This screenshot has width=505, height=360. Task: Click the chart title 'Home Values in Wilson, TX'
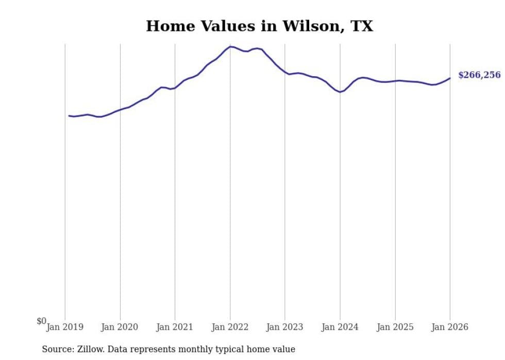[259, 26]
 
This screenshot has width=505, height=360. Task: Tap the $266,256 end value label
[479, 75]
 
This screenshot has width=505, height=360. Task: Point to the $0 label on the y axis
[41, 321]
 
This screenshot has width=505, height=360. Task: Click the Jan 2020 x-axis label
[120, 327]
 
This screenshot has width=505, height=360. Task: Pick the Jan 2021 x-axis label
[175, 327]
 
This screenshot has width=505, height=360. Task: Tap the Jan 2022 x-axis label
[230, 327]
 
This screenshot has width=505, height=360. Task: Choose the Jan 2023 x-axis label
[285, 327]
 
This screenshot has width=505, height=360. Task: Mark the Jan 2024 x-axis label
[340, 327]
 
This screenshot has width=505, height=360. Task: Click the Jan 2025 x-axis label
[395, 327]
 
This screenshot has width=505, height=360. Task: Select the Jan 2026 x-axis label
[450, 327]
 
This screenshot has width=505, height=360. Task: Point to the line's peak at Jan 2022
[230, 46]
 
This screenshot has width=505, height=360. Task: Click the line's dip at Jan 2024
[340, 92]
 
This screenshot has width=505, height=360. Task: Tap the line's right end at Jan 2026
[450, 78]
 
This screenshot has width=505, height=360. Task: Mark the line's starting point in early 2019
[69, 116]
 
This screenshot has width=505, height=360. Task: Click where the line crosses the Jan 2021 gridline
[175, 88]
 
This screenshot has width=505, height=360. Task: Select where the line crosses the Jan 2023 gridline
[285, 72]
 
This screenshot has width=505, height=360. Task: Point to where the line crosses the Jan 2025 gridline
[395, 81]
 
